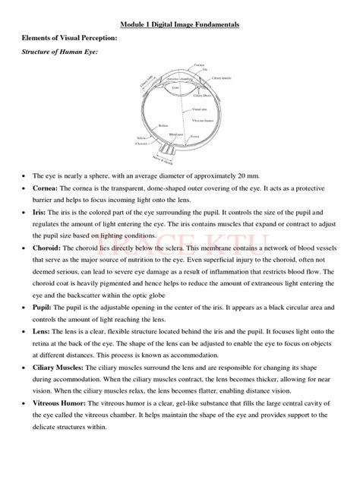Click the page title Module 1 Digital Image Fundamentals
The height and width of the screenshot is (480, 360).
180,24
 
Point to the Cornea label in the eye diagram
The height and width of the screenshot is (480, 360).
200,67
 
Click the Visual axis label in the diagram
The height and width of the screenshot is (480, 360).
201,109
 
